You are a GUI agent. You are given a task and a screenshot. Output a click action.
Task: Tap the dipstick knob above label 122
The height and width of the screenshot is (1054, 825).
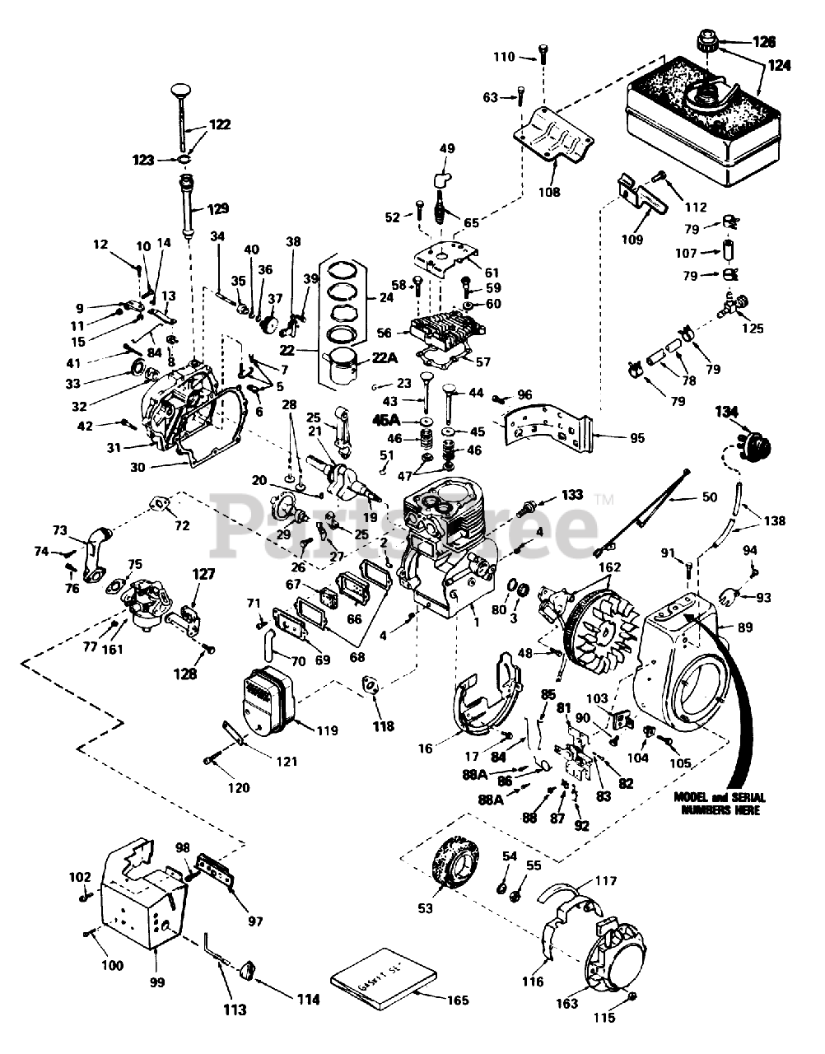(x=182, y=89)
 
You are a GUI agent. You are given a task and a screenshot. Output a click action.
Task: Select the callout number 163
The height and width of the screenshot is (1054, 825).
(x=589, y=1004)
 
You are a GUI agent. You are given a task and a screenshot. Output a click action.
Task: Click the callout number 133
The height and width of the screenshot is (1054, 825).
(x=571, y=495)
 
